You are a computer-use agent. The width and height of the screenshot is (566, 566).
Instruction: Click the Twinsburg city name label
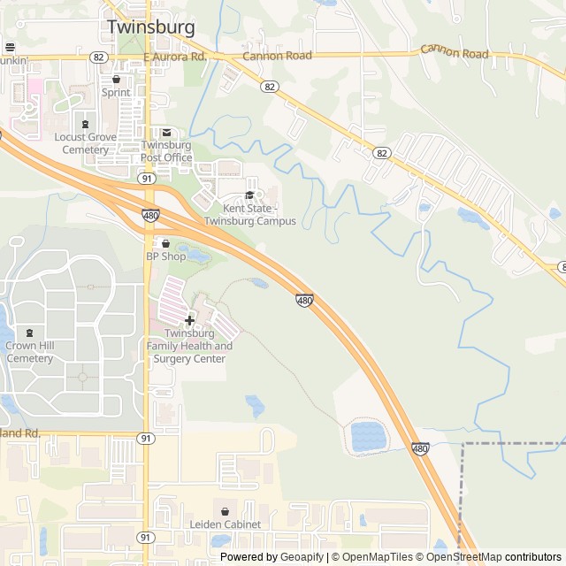pos(150,27)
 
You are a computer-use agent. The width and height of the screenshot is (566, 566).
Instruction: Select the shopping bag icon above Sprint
pos(116,79)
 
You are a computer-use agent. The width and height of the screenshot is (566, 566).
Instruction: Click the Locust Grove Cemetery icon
pos(85,124)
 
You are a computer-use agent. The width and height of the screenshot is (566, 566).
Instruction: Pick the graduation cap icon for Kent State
pos(249,195)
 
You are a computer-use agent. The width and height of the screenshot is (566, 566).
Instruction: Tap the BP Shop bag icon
pos(165,243)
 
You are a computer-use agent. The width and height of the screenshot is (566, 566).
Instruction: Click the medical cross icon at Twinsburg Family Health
pos(189,319)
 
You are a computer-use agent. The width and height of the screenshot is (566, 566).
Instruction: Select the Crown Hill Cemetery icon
pos(30,333)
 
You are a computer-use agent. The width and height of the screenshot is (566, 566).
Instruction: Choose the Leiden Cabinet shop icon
pos(225,511)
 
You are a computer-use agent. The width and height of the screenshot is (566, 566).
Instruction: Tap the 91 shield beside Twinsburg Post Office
pos(146,178)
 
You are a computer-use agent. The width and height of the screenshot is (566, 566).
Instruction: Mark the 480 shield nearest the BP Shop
pos(150,215)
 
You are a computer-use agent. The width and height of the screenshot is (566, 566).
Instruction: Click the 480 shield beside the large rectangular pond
pos(421,449)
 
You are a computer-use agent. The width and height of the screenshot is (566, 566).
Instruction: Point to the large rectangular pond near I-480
pos(369,436)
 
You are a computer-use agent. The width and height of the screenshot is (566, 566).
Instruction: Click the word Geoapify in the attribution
pos(302,557)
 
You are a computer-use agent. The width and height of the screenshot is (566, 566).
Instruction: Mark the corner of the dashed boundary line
pos(463,443)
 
